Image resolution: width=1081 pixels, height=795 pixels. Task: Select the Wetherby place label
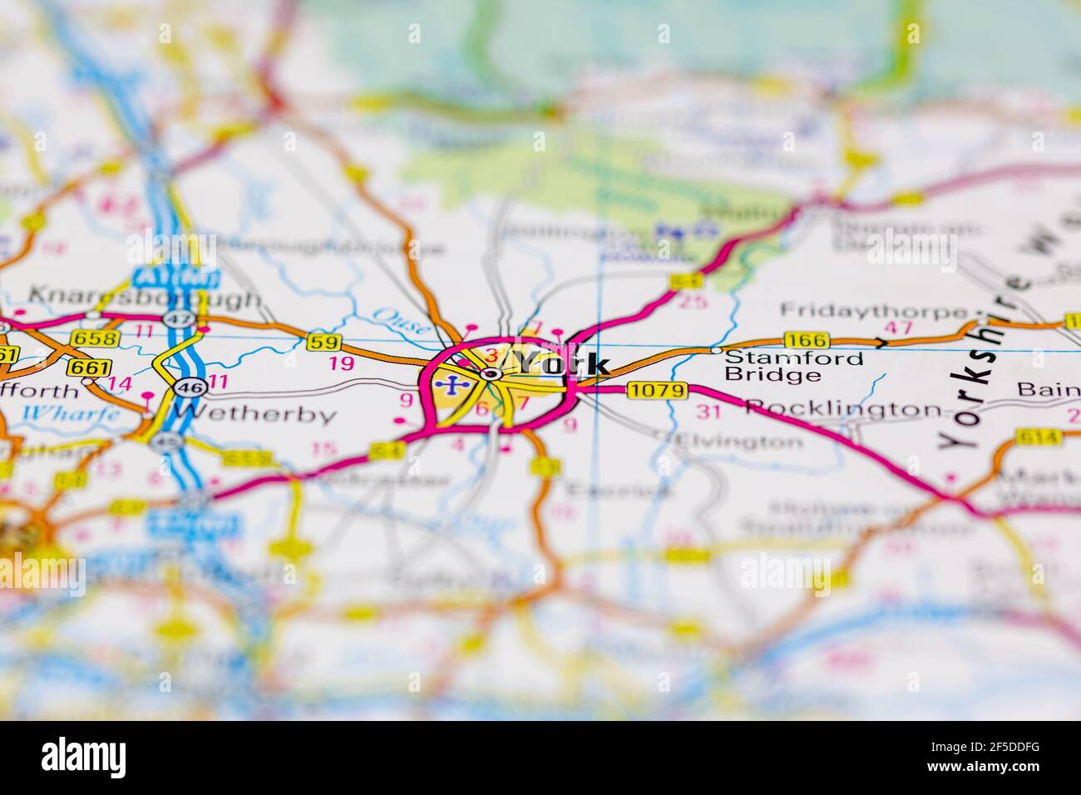click(256, 413)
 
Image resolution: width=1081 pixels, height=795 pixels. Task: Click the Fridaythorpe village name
click(874, 311)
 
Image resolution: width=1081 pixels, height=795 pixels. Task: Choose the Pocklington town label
click(844, 408)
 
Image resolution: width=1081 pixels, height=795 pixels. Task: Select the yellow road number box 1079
click(658, 389)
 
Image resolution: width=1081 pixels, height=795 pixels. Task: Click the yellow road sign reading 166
click(806, 339)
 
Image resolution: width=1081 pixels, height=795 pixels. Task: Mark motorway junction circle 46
click(185, 386)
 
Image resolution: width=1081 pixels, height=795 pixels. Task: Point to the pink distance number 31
click(708, 411)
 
